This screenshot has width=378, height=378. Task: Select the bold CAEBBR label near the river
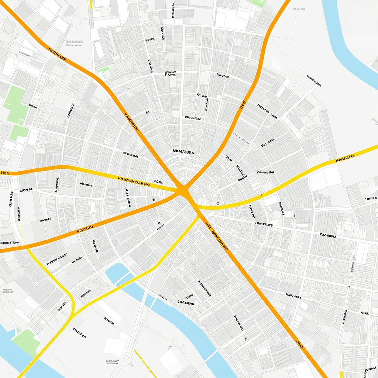coord(186,303)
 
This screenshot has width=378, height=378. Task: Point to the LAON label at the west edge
coord(5,172)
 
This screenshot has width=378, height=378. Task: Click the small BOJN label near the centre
coord(158,182)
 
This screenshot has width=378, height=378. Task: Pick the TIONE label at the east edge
coord(371,199)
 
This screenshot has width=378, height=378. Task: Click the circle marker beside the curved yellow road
coord(218,203)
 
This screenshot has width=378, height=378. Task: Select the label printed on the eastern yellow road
coord(345,159)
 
